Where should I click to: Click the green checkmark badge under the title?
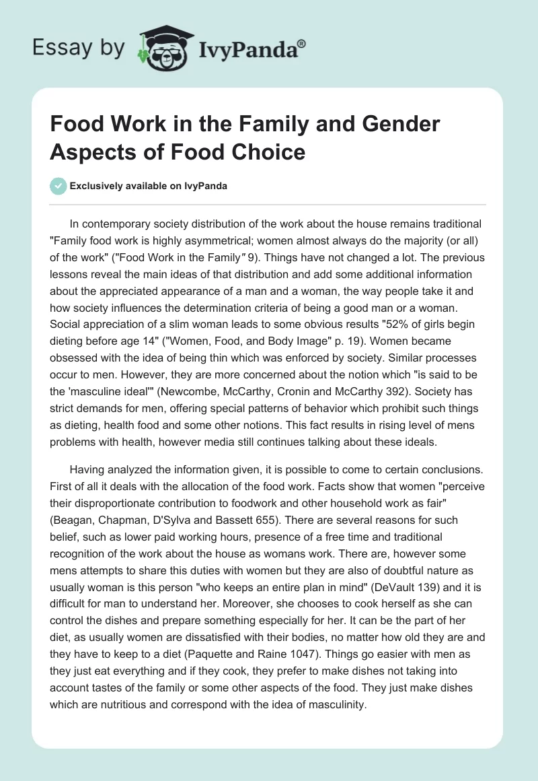(x=59, y=186)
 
